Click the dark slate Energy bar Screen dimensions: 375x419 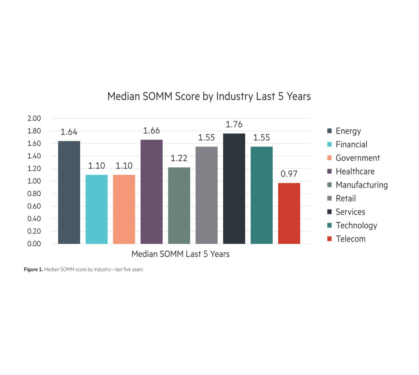click(x=69, y=192)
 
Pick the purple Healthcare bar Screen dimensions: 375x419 click(x=152, y=192)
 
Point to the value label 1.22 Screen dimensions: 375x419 click(x=179, y=159)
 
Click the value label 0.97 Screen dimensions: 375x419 click(x=289, y=174)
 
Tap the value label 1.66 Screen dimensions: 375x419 click(x=152, y=131)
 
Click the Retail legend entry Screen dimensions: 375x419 click(x=345, y=199)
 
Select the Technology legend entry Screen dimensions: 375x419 click(x=356, y=225)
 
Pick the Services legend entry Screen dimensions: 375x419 click(x=350, y=212)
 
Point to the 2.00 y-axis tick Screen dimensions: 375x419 click(x=34, y=118)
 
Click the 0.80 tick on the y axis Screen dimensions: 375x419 click(x=34, y=194)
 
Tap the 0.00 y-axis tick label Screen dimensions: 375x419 click(x=34, y=244)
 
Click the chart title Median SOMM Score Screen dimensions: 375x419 click(x=209, y=96)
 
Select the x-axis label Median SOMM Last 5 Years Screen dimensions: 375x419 click(x=180, y=254)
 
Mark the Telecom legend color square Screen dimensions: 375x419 click(x=329, y=239)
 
